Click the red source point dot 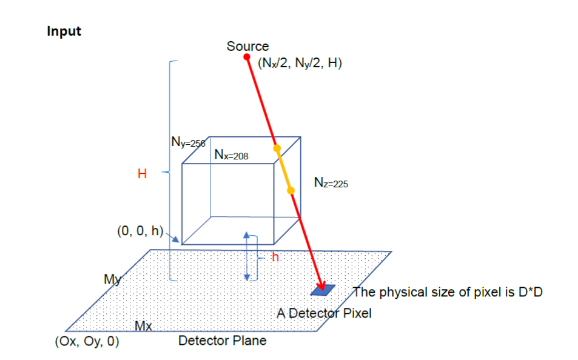pos(247,57)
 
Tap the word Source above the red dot pos(247,46)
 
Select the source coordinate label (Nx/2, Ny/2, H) pos(300,63)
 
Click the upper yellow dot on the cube pos(277,148)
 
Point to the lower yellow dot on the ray pos(291,190)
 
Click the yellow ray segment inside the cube pos(284,169)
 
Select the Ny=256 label pos(188,143)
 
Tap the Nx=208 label pos(232,155)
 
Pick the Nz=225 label pos(331,182)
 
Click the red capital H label pos(142,175)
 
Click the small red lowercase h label pos(275,257)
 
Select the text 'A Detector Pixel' pos(324,313)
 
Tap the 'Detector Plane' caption pos(222,341)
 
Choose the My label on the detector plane pos(113,279)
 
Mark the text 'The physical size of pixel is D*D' pos(448,293)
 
